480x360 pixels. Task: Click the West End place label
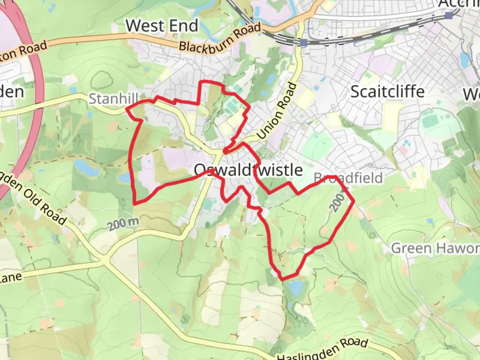pyautogui.click(x=162, y=26)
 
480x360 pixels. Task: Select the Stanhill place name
pyautogui.click(x=113, y=99)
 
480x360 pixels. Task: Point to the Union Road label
pyautogui.click(x=277, y=111)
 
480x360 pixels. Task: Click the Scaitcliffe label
pyautogui.click(x=387, y=91)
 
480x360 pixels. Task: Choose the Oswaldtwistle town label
pyautogui.click(x=248, y=170)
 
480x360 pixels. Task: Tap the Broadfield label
pyautogui.click(x=348, y=178)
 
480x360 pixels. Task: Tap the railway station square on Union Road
pyautogui.click(x=303, y=43)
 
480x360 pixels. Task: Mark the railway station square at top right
pyautogui.click(x=449, y=15)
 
